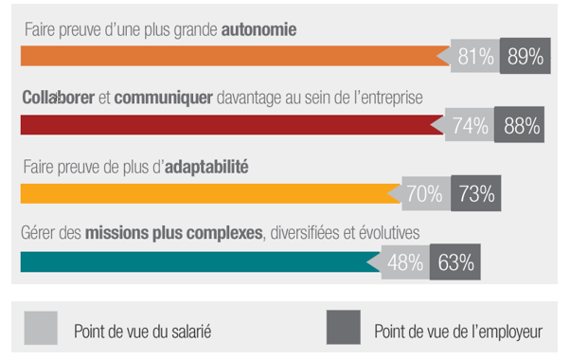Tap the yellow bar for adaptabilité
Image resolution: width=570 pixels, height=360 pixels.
click(208, 194)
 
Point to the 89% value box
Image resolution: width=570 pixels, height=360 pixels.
click(525, 57)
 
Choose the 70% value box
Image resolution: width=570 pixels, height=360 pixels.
click(425, 194)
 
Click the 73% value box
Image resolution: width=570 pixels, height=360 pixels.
click(475, 194)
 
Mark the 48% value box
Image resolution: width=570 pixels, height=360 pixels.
click(405, 262)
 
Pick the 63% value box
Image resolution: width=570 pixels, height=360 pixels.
click(454, 262)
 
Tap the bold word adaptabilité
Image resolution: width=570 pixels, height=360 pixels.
click(206, 167)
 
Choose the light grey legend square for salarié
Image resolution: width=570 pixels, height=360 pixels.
click(41, 328)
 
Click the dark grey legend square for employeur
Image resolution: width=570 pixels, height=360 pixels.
click(343, 328)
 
